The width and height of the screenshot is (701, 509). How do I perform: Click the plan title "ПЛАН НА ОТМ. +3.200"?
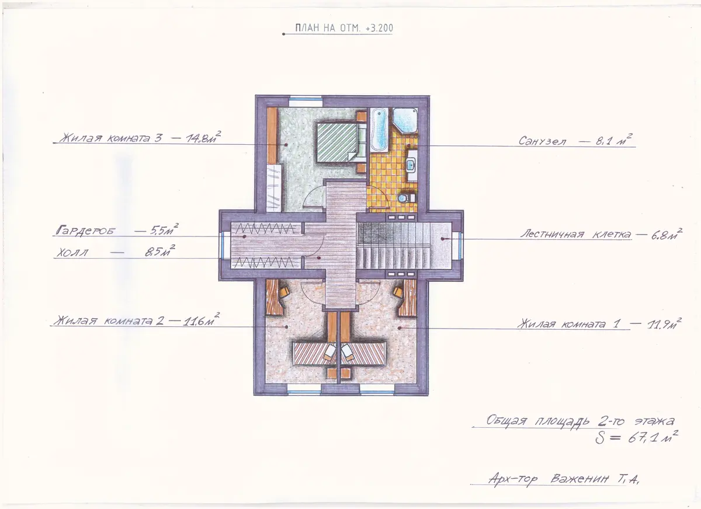pyautogui.click(x=344, y=28)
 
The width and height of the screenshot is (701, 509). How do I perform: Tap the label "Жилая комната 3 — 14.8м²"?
pyautogui.click(x=140, y=137)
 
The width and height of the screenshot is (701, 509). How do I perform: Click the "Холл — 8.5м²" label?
pyautogui.click(x=115, y=252)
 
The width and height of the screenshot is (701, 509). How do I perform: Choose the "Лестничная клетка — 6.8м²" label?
pyautogui.click(x=601, y=234)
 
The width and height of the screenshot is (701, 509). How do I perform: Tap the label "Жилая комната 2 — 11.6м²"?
pyautogui.click(x=137, y=319)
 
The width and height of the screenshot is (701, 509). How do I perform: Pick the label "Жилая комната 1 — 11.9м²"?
pyautogui.click(x=599, y=323)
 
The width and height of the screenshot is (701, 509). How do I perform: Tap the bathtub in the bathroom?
pyautogui.click(x=379, y=131)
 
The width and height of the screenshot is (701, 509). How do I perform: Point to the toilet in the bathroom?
pyautogui.click(x=406, y=198)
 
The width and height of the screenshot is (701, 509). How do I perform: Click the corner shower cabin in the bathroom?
pyautogui.click(x=405, y=121)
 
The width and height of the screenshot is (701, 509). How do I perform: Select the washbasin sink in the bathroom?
pyautogui.click(x=411, y=165)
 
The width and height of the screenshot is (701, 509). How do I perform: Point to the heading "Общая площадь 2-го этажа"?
pyautogui.click(x=580, y=421)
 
